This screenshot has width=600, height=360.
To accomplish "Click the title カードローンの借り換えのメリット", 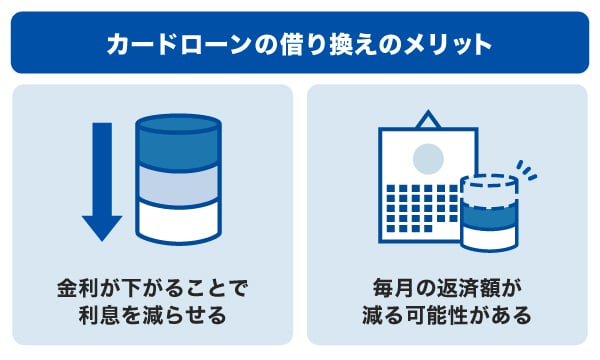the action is [299, 44].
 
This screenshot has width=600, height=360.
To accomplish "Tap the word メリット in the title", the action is [456, 44].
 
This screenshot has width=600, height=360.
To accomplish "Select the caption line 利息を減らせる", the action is [151, 317].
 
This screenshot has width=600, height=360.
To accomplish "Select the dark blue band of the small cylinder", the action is [489, 214].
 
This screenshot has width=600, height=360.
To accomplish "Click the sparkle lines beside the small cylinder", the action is [526, 168].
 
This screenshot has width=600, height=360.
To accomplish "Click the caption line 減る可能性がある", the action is [446, 317].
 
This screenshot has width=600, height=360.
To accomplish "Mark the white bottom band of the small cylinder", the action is [489, 237].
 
